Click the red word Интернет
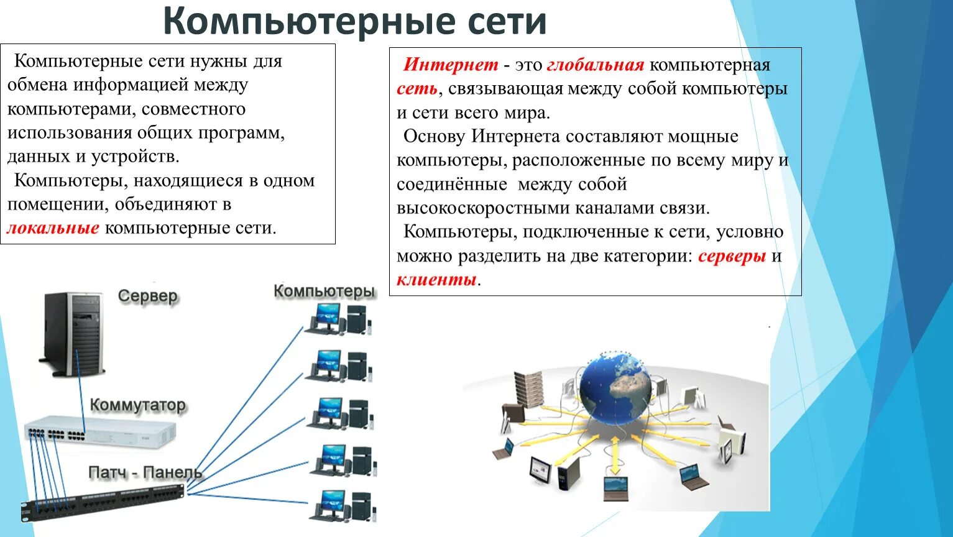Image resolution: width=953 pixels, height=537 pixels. [x=451, y=65]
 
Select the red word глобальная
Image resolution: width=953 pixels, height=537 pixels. [x=595, y=65]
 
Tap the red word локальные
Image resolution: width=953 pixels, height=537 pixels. [x=53, y=228]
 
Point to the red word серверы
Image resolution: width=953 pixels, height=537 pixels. [x=732, y=256]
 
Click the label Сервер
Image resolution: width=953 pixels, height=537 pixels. [x=147, y=296]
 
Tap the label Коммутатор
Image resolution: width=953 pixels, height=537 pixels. [x=137, y=405]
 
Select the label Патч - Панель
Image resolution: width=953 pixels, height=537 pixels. [x=145, y=472]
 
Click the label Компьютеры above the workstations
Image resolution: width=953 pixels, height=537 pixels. [x=324, y=291]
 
